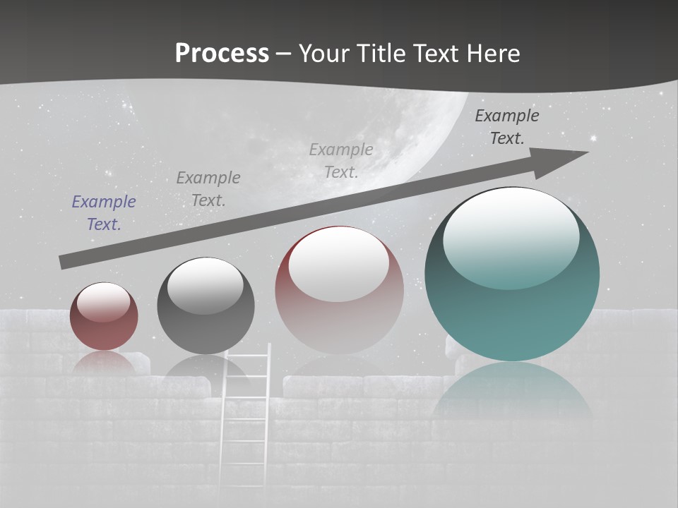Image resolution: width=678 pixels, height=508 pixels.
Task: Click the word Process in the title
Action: (222, 53)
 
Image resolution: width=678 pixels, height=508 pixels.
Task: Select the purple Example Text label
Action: (104, 213)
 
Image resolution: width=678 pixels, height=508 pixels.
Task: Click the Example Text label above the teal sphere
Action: (507, 127)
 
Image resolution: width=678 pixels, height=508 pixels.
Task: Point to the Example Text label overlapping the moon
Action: (341, 161)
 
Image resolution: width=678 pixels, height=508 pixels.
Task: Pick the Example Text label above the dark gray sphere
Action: (208, 189)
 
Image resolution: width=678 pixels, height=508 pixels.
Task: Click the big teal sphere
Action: (512, 310)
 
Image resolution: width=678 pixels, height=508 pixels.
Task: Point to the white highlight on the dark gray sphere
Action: (206, 286)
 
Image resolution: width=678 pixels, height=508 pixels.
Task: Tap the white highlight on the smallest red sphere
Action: (104, 302)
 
